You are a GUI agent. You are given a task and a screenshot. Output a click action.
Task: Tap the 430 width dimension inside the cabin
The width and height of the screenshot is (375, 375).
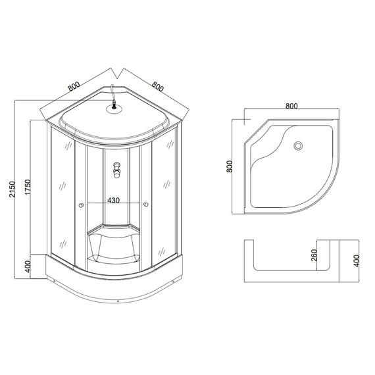(x=113, y=200)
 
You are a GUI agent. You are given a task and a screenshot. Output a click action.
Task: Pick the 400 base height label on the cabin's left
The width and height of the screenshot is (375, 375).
(x=27, y=267)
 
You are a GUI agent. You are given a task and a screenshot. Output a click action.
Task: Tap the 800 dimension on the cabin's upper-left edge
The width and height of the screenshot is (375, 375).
(x=73, y=86)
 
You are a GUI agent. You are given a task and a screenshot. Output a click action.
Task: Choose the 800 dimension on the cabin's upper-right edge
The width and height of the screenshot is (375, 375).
(x=157, y=86)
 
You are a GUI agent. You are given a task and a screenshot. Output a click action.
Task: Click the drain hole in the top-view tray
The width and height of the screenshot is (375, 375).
(x=298, y=146)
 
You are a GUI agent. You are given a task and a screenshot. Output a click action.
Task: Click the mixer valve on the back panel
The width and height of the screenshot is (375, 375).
(x=116, y=170)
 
